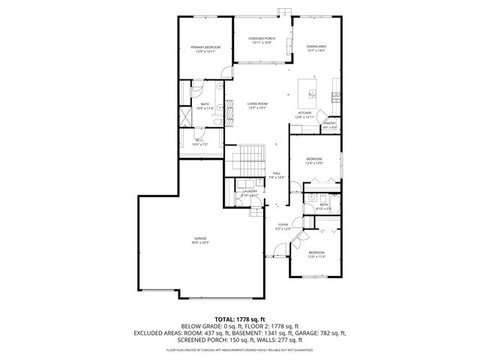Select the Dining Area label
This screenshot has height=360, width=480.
click(x=316, y=47)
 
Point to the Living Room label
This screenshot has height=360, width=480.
click(x=258, y=104)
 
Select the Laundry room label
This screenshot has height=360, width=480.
click(x=250, y=191)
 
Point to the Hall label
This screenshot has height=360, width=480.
click(x=277, y=172)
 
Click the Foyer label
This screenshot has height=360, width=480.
click(x=283, y=224)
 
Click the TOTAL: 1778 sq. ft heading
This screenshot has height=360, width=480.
click(x=240, y=319)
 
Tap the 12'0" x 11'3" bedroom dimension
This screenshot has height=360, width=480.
click(x=316, y=256)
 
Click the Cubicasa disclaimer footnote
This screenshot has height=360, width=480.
click(x=240, y=350)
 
